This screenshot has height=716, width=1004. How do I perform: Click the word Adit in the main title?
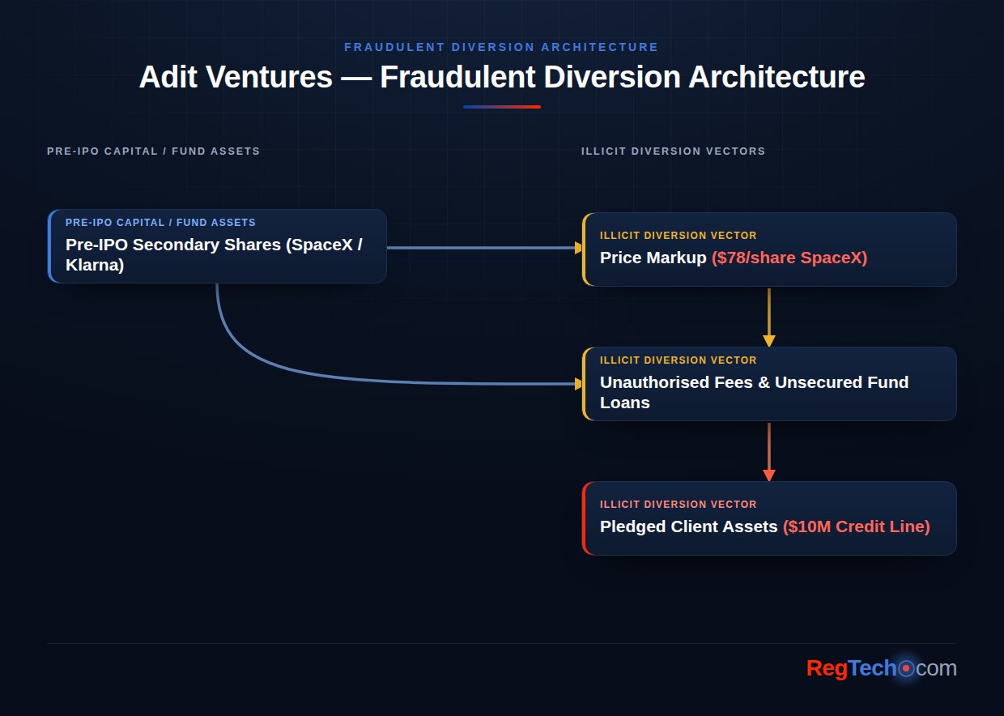point(168,77)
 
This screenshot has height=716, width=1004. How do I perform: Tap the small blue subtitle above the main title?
point(501,47)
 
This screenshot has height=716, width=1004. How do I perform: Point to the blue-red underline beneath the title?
point(501,107)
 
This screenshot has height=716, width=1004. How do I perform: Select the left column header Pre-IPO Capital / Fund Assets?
point(153,151)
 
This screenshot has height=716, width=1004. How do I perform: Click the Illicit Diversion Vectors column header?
point(673,151)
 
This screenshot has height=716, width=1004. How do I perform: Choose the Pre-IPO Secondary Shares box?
point(217,246)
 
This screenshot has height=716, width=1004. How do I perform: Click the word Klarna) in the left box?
point(95,265)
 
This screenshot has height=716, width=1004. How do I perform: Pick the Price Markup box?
point(769,249)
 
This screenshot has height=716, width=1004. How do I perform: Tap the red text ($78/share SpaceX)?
point(789,258)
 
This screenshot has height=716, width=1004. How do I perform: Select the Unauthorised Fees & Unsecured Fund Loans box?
point(769,384)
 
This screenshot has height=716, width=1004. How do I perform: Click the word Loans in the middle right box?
point(625,403)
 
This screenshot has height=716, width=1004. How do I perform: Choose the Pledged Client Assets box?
point(769,518)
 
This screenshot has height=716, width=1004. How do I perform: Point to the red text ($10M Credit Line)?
point(857,526)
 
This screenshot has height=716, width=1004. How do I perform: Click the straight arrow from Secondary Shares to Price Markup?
point(484,248)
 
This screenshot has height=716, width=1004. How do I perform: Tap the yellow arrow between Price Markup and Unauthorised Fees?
point(769,318)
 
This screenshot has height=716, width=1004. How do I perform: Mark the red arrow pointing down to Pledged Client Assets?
point(769,452)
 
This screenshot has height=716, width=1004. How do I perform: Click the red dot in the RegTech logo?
point(906,668)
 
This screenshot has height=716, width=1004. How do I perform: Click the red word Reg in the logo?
point(827,668)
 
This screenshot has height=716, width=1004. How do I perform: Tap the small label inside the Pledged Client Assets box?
point(679,505)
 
